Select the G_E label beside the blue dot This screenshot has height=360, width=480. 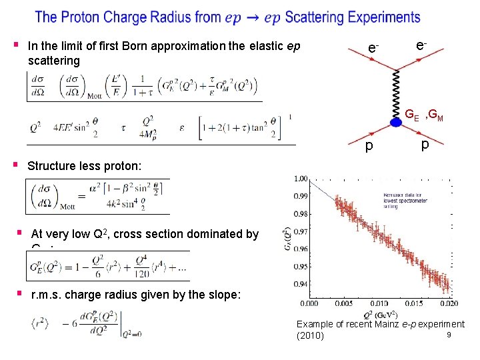coord(412,115)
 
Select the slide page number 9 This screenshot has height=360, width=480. coord(450,335)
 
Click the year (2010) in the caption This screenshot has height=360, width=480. coord(309,335)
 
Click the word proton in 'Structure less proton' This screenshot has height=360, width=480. coord(123,166)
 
